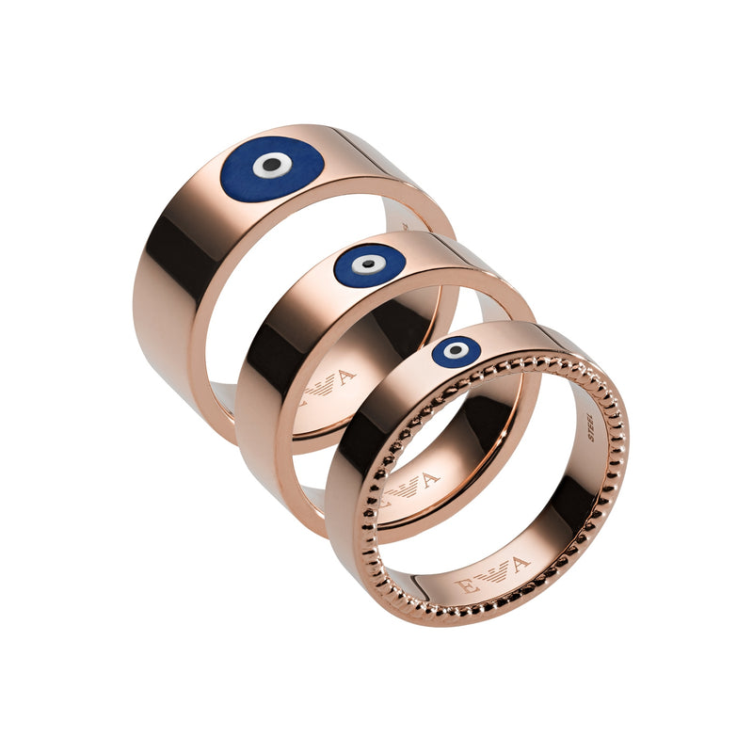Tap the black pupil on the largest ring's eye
coord(271,165)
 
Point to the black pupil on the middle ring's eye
coord(369,264)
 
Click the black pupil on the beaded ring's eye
coord(457,350)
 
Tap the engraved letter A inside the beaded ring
coord(520,564)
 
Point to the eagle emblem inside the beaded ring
coord(491,574)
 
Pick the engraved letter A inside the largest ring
coord(345,377)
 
